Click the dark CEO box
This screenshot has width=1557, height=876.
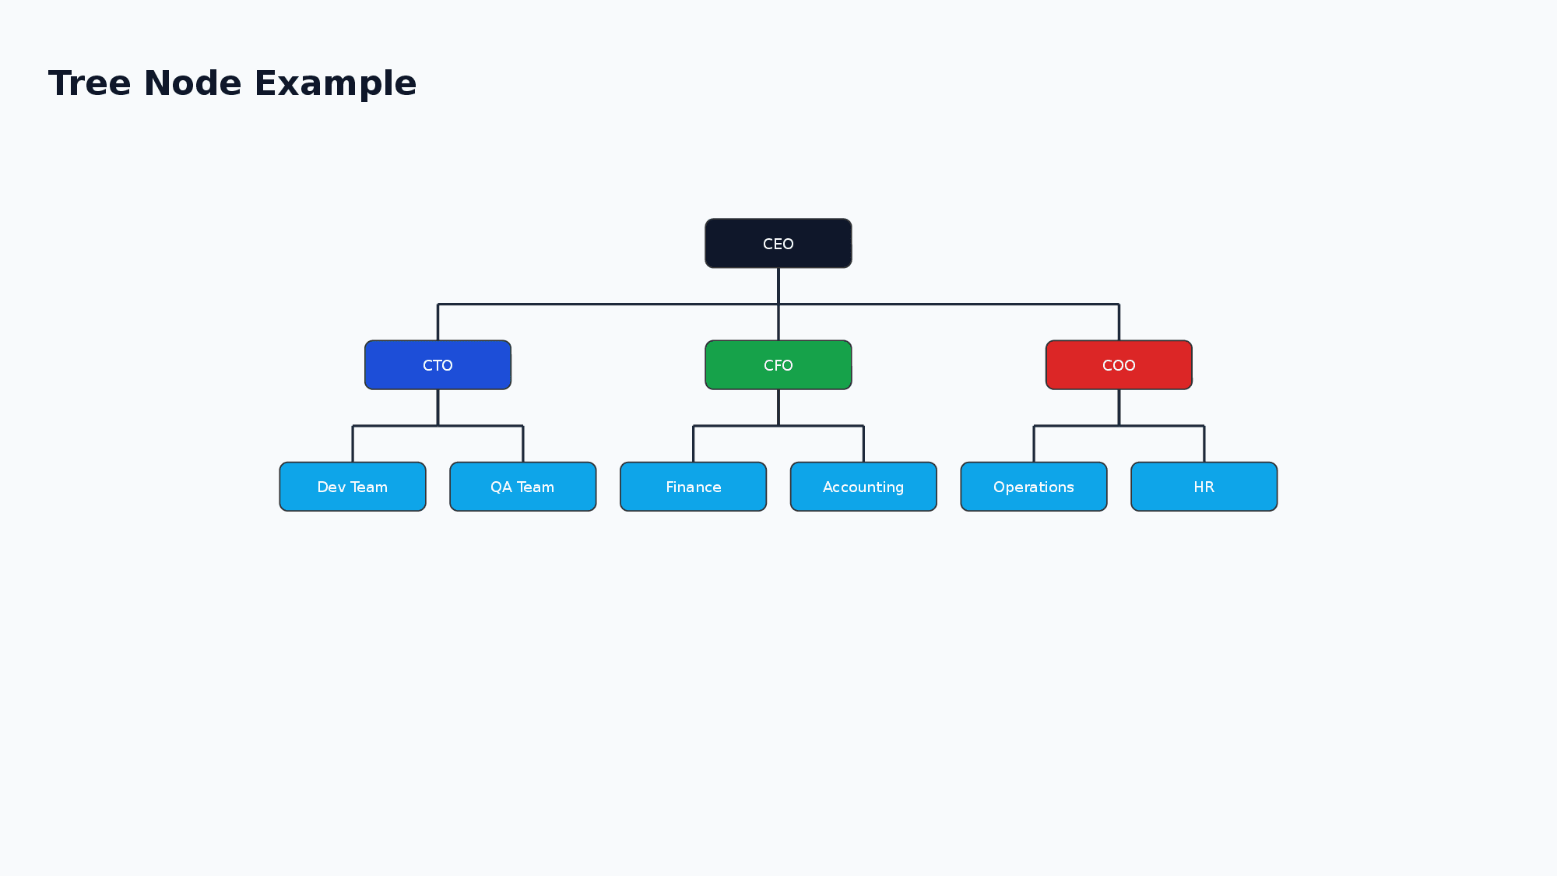click(x=778, y=244)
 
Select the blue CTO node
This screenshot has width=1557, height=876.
click(x=438, y=365)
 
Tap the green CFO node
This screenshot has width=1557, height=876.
click(x=778, y=365)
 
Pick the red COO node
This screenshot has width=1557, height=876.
click(x=1119, y=365)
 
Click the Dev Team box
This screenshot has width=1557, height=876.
click(x=353, y=487)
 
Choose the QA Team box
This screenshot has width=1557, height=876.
click(x=522, y=487)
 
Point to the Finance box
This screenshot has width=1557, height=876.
click(x=693, y=487)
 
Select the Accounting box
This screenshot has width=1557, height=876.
click(x=863, y=487)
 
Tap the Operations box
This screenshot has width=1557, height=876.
click(x=1034, y=487)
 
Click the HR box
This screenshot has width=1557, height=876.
click(x=1204, y=487)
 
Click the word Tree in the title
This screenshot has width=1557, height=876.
click(x=90, y=83)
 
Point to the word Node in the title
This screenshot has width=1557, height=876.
click(x=192, y=83)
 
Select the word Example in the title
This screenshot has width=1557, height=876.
click(x=336, y=83)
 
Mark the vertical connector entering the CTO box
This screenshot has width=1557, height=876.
click(x=438, y=322)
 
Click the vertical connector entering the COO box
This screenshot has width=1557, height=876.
click(x=1119, y=322)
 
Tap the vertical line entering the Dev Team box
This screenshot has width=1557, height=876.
click(x=353, y=444)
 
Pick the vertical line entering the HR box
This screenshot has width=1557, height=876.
click(x=1204, y=444)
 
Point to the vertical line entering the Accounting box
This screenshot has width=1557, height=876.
click(x=863, y=444)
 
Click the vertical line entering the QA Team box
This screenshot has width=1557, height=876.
click(x=522, y=444)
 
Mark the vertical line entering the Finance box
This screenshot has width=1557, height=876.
click(x=693, y=444)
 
